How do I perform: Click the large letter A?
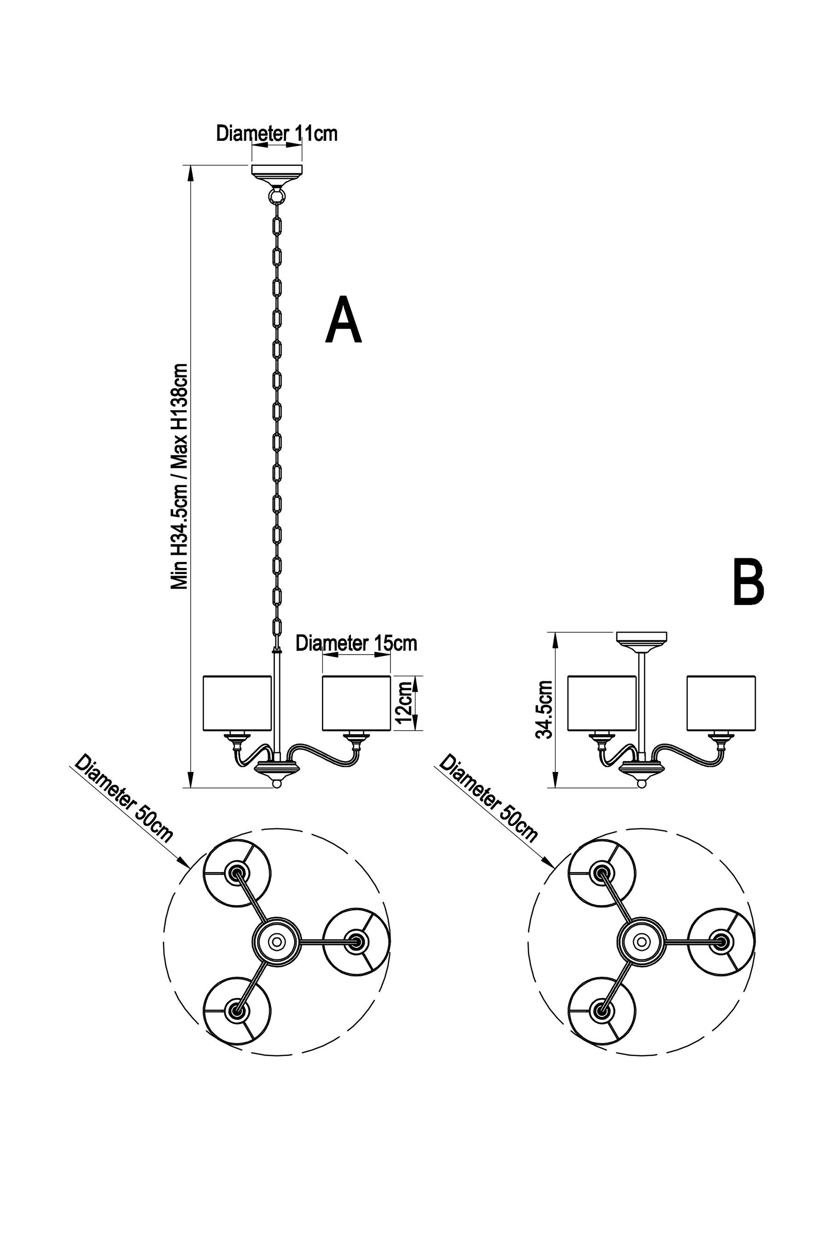344,321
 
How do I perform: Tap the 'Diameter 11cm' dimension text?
276,134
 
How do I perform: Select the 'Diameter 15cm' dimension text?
356,643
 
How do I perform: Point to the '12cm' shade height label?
404,703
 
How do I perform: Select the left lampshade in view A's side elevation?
237,703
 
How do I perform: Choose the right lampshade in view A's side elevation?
356,703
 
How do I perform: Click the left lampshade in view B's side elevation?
601,703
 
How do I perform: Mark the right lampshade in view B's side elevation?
721,703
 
